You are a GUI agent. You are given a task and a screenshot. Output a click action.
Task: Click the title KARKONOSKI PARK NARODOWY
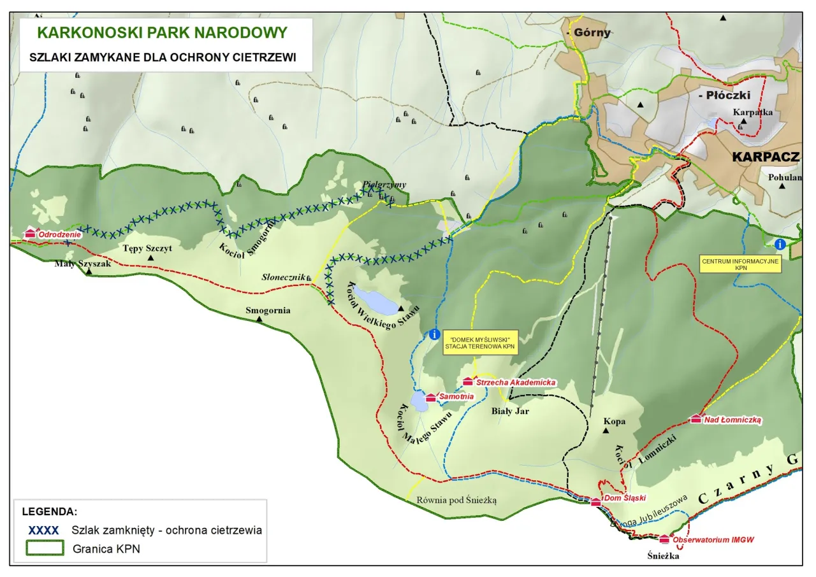coord(162,32)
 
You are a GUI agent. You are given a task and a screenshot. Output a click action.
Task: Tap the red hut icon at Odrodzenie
coord(29,234)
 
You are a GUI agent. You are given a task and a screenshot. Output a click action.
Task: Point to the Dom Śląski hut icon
coord(596,502)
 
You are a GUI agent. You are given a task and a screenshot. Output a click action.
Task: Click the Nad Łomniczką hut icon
coord(696,419)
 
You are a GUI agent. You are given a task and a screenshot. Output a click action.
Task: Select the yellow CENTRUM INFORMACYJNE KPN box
coord(740,265)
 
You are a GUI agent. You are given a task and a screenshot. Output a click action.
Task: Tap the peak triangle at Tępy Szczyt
coord(150,258)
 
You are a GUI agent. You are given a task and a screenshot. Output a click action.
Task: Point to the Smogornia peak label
coord(268,311)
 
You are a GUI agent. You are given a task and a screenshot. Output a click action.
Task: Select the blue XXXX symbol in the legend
coord(44,530)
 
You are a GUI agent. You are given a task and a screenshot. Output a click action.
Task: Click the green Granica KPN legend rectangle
coord(45,548)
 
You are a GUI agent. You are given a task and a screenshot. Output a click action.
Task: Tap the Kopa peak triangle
coord(606,431)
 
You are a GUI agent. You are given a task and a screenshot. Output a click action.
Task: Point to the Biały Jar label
coord(510,411)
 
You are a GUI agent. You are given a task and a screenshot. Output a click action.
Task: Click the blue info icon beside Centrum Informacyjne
coord(780,244)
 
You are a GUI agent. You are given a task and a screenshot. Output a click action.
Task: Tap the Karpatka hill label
coord(753,112)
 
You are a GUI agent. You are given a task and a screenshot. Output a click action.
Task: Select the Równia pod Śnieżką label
coord(456,500)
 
